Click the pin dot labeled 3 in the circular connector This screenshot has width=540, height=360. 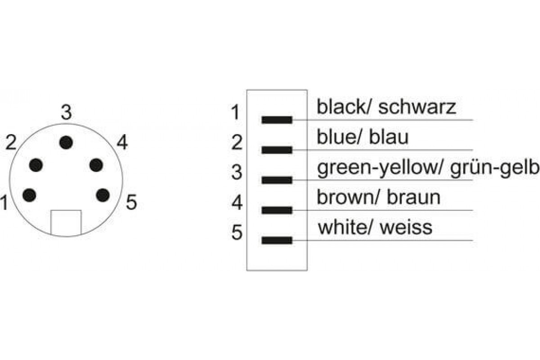tap(66, 143)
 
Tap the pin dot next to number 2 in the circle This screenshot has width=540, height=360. tap(36, 165)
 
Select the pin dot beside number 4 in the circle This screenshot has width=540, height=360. tap(96, 165)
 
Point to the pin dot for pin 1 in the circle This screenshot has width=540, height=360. tap(29, 195)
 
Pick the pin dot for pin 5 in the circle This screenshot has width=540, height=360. tap(103, 195)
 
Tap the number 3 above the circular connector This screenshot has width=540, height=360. tap(66, 112)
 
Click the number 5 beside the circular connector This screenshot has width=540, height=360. tap(131, 202)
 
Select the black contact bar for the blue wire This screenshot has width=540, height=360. tap(277, 150)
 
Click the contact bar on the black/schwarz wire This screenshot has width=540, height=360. tap(277, 120)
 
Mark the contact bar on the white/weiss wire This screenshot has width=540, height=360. tap(277, 240)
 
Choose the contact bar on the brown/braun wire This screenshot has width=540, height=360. tap(277, 210)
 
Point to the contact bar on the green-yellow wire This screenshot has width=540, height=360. tap(277, 180)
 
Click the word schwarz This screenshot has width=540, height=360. tap(417, 107)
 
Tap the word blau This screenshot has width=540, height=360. tap(389, 137)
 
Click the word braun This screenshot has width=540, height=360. tap(414, 198)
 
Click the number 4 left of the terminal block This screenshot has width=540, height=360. tap(237, 202)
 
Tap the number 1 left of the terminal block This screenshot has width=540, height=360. tap(235, 112)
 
